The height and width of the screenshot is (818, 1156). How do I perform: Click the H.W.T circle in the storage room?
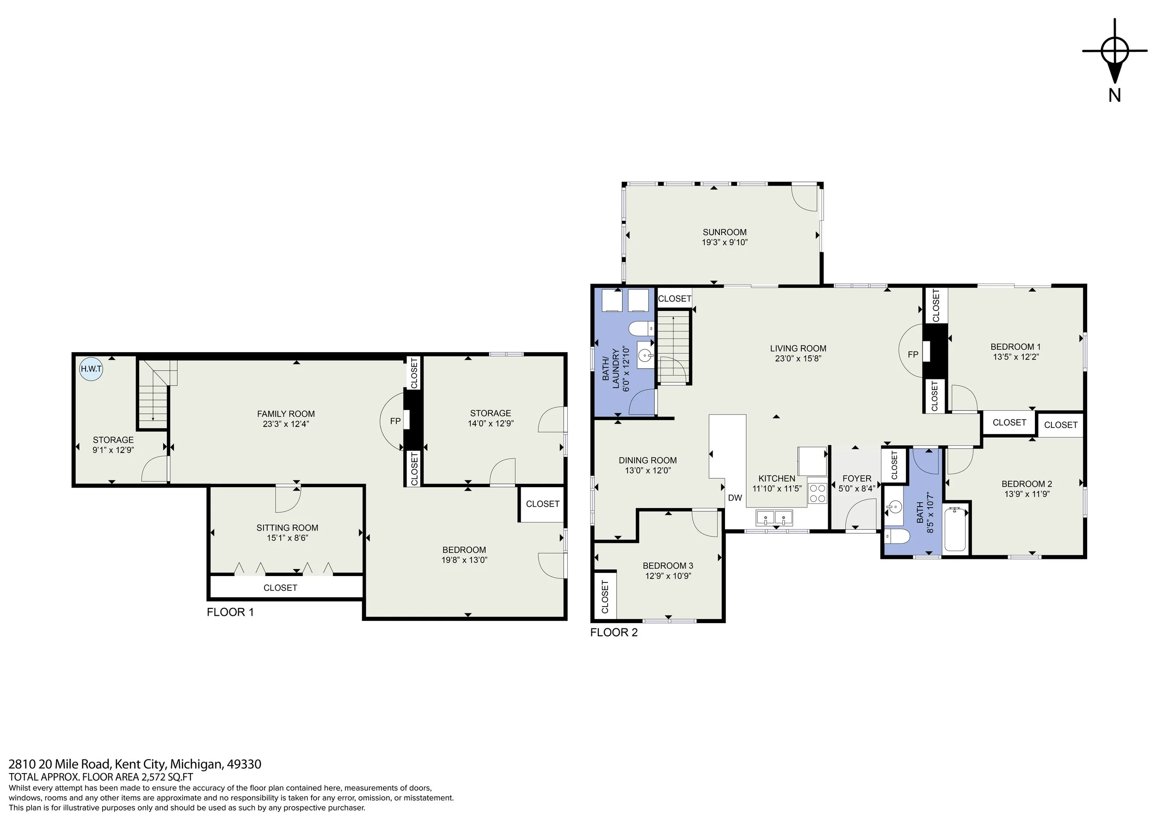(x=91, y=369)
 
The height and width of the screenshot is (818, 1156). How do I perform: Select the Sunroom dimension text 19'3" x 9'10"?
(x=725, y=242)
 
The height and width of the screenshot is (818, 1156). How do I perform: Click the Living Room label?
(x=798, y=348)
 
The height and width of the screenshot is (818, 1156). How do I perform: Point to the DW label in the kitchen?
(x=735, y=498)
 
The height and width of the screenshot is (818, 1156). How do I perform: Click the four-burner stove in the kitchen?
(x=817, y=493)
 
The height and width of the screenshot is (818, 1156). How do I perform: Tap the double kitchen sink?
(x=774, y=517)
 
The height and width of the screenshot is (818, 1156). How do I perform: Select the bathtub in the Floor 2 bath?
(x=955, y=529)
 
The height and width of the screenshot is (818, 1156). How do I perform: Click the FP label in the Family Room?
(x=395, y=421)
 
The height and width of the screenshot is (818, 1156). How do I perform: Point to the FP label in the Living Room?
(x=913, y=354)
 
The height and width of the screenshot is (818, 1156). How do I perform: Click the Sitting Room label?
(x=287, y=528)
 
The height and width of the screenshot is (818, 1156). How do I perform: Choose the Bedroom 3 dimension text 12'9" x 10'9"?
(x=668, y=576)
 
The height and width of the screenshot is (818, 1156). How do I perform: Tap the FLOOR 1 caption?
(x=230, y=612)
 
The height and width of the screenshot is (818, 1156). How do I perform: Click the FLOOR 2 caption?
(x=614, y=632)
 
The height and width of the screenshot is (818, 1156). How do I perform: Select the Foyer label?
(x=856, y=478)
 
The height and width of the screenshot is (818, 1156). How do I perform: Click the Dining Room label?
(x=647, y=460)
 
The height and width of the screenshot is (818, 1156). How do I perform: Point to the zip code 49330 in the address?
(x=244, y=764)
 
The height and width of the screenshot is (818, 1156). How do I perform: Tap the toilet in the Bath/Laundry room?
(x=641, y=328)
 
